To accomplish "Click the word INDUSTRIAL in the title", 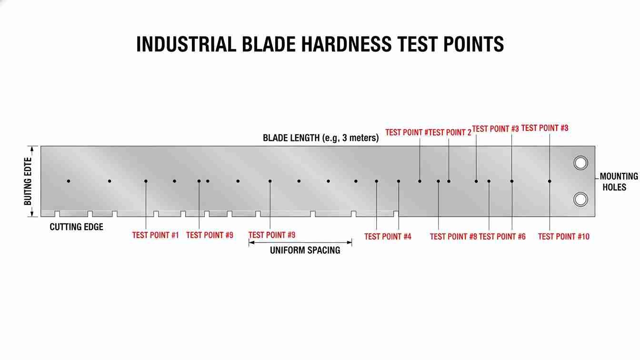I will click(x=186, y=44).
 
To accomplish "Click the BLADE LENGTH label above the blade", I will click(x=291, y=138).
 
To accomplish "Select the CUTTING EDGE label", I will click(x=76, y=227).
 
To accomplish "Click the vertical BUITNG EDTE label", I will click(x=28, y=181).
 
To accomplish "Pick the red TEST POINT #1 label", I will click(x=155, y=235).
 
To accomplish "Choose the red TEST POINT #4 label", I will click(x=388, y=237).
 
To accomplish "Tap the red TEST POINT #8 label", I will click(x=453, y=237).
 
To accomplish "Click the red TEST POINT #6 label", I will click(x=502, y=237).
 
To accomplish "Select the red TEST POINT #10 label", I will click(x=563, y=237).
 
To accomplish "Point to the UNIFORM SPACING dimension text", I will click(x=305, y=250).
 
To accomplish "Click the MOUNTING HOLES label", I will click(x=619, y=181).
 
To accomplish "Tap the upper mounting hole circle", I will click(x=580, y=163).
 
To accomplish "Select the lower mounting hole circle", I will click(x=580, y=199).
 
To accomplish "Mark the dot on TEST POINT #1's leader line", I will click(x=146, y=181).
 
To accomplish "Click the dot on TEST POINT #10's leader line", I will click(x=550, y=181).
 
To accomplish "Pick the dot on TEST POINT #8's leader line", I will click(x=439, y=181).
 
